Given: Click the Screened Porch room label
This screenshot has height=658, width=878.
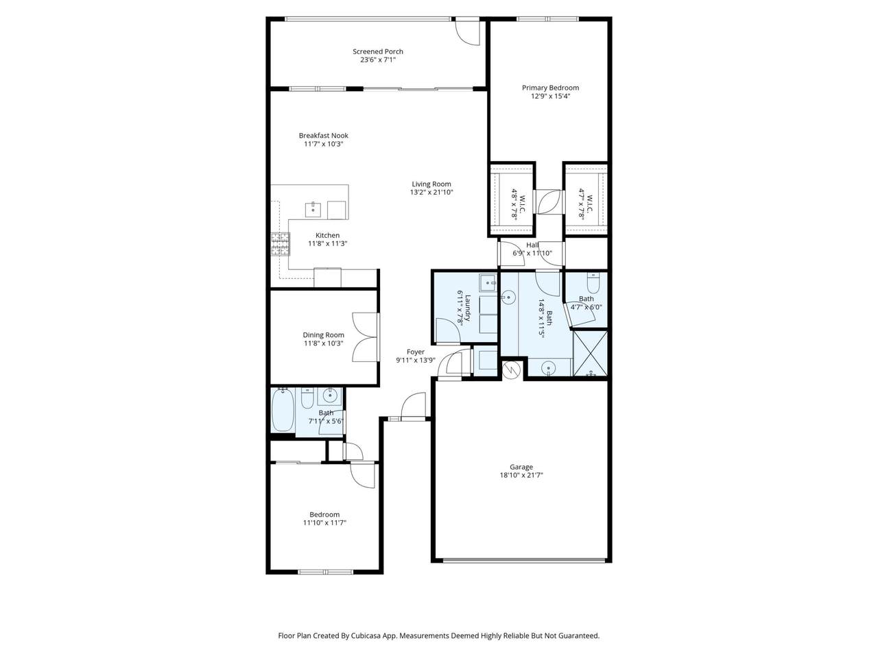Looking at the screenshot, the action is (x=377, y=51).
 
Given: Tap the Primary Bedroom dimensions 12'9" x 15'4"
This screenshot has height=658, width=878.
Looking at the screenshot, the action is (x=550, y=96).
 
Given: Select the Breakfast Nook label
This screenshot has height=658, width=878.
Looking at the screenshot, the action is (x=323, y=136).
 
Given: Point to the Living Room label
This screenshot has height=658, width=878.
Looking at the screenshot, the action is (x=431, y=184).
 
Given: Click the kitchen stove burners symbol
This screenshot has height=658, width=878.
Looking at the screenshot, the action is (x=281, y=244).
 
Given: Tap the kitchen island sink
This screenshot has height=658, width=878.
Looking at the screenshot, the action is (x=313, y=209).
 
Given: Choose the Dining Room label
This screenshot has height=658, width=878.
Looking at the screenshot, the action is (x=323, y=335).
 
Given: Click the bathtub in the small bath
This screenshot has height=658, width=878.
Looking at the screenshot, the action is (x=283, y=411).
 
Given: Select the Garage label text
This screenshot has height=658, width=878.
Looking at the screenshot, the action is (x=521, y=467).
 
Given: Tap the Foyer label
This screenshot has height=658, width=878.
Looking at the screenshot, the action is (x=415, y=352).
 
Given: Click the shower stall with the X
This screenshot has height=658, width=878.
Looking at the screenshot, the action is (x=590, y=353).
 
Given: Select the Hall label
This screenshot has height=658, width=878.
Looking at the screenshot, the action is (x=532, y=245).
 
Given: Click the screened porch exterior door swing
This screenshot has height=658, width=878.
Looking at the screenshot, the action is (x=467, y=32).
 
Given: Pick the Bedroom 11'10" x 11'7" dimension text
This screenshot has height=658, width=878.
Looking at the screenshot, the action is (x=324, y=523).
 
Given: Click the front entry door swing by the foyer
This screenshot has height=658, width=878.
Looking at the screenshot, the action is (x=413, y=406).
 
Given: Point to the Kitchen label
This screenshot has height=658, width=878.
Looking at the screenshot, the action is (x=328, y=236).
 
